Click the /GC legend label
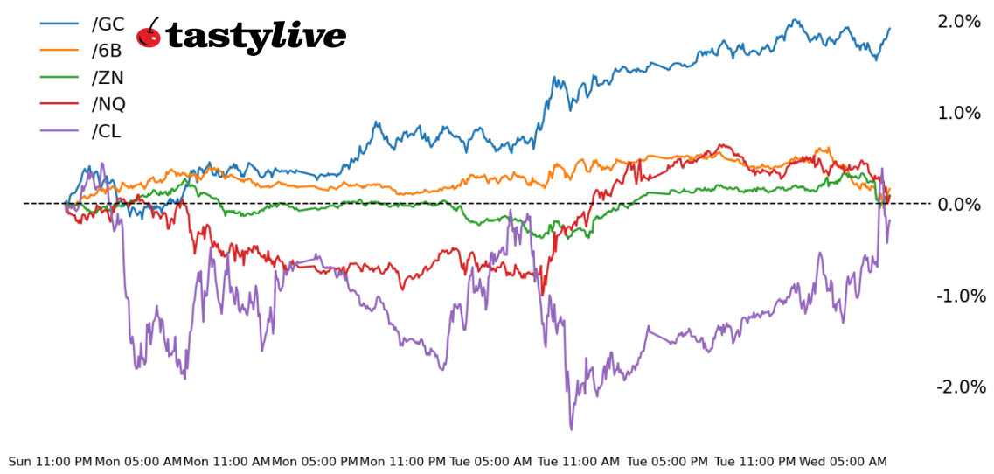point(108,24)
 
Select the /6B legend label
point(107,51)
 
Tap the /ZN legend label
point(108,78)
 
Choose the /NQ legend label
point(108,104)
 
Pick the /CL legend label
point(107,131)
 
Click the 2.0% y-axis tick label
point(959,21)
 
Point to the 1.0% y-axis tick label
point(959,113)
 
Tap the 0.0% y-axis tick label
point(959,204)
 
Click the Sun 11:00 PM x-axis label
point(50,461)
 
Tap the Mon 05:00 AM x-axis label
point(138,461)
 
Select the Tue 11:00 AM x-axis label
point(579,461)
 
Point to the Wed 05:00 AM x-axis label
point(843,461)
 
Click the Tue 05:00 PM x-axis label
point(667,461)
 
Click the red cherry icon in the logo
point(149,35)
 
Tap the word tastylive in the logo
point(255,37)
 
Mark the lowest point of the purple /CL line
point(572,429)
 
